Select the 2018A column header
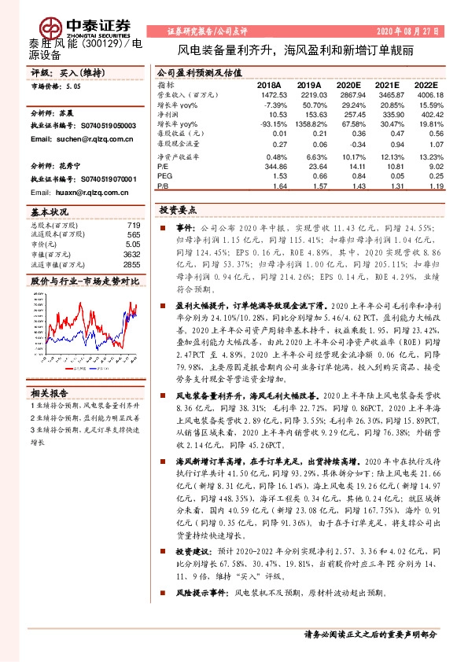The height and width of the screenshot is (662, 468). (x=269, y=84)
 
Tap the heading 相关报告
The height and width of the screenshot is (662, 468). (x=49, y=392)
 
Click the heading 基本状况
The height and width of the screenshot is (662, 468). (x=49, y=213)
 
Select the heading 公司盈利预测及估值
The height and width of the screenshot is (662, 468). (x=197, y=71)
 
